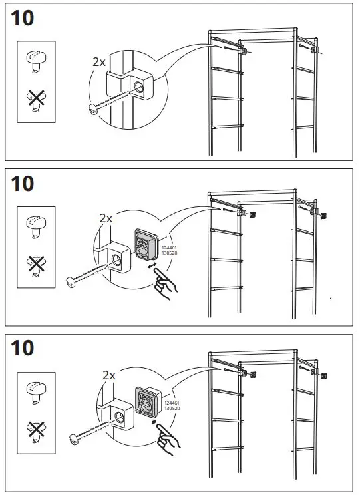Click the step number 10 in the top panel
pos(22,18)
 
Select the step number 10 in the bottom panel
pos(22,347)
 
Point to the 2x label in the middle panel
pos(105,218)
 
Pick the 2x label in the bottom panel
pos(109,375)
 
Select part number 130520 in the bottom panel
pos(171,408)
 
